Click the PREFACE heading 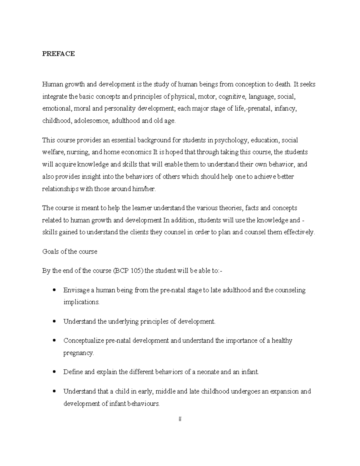pos(58,54)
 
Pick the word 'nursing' pos(79,152)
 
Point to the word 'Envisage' pos(76,290)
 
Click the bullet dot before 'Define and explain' pos(54,372)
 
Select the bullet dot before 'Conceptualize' pos(54,341)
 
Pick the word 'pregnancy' pos(78,353)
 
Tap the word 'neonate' pos(208,372)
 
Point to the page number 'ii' pos(180,419)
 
